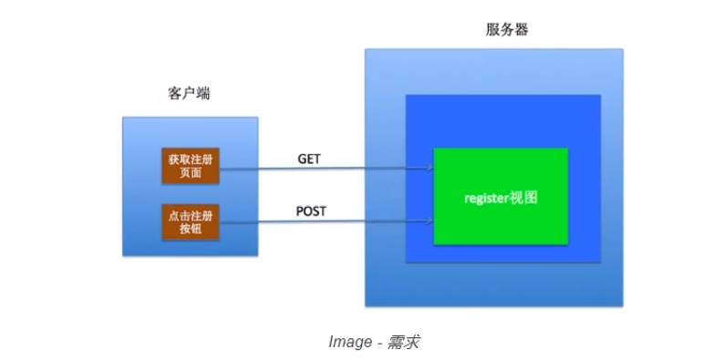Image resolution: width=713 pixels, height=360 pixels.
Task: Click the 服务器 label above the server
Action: [x=507, y=30]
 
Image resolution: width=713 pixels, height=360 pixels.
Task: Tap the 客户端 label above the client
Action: [x=190, y=94]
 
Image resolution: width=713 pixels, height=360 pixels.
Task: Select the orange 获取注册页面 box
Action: [x=191, y=164]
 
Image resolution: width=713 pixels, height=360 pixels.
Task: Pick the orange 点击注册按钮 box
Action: [x=191, y=222]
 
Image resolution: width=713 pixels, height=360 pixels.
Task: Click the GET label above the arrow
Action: [x=309, y=159]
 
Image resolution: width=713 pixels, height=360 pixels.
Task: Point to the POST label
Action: [x=311, y=211]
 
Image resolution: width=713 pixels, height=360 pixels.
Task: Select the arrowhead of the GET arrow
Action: [x=428, y=169]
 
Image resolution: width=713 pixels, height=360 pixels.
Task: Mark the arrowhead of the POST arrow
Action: [x=428, y=221]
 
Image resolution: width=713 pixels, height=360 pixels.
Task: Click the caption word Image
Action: [x=348, y=342]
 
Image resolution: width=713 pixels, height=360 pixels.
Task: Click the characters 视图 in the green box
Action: [x=524, y=197]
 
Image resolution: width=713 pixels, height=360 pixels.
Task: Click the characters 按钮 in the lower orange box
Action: [x=191, y=229]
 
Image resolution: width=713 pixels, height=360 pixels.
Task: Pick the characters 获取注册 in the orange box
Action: [x=191, y=158]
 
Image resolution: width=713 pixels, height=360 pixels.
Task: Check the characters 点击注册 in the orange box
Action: [x=191, y=216]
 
